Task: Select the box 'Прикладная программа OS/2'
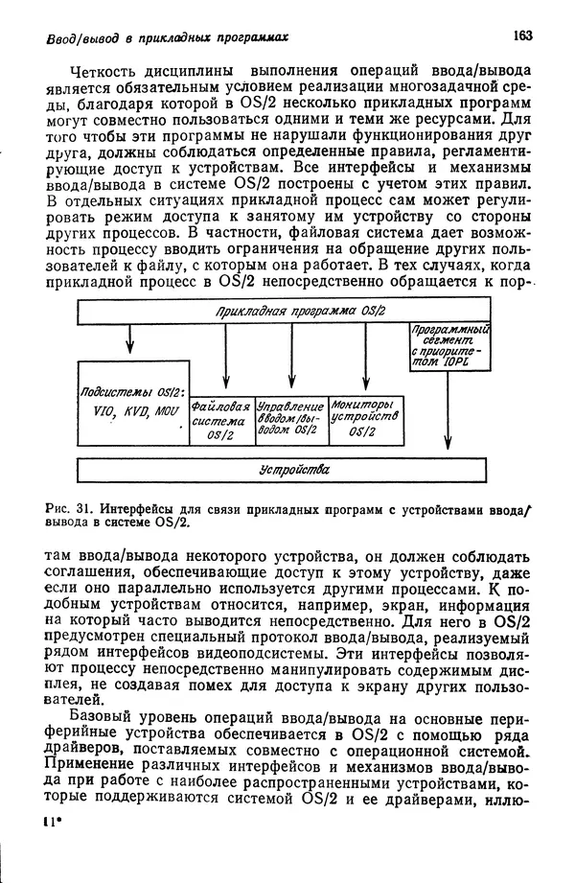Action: coord(300,312)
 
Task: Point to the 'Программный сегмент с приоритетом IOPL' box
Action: coord(449,348)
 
